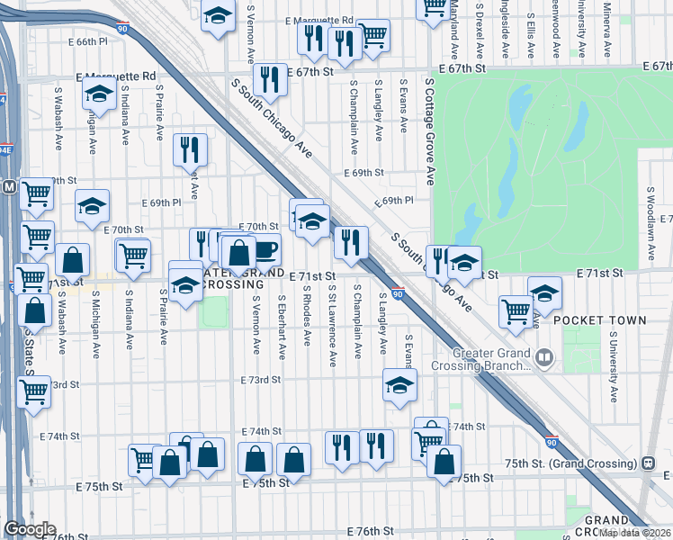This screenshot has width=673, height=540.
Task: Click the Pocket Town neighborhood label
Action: [599, 319]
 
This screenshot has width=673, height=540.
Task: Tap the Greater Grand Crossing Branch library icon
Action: [546, 359]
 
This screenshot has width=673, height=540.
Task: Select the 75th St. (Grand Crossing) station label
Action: [580, 463]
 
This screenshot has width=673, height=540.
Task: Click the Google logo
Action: [30, 529]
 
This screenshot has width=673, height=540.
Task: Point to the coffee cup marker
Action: [265, 249]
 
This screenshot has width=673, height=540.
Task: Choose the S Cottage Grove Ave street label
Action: [430, 131]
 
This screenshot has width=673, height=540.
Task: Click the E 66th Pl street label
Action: [86, 41]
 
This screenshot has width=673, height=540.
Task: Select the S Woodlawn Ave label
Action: [650, 220]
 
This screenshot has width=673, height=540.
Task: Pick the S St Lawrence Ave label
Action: [332, 326]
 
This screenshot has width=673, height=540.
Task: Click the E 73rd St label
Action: [260, 381]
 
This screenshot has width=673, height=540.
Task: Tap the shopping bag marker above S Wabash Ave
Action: [73, 260]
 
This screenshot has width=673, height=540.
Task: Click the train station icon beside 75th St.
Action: [647, 463]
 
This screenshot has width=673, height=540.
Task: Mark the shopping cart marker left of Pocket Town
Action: [516, 310]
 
